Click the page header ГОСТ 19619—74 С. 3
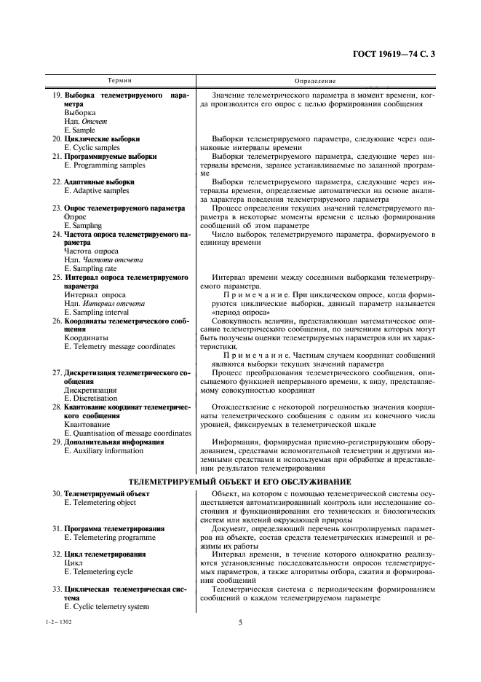(x=397, y=53)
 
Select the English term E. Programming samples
(x=100, y=165)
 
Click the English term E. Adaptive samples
(x=96, y=191)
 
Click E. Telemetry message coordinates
(x=119, y=347)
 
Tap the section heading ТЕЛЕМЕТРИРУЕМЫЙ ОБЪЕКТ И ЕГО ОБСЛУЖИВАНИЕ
(x=240, y=482)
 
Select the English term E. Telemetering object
(x=100, y=503)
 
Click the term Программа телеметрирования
(x=114, y=528)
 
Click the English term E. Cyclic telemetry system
(x=106, y=606)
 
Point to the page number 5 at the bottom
(x=240, y=623)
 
